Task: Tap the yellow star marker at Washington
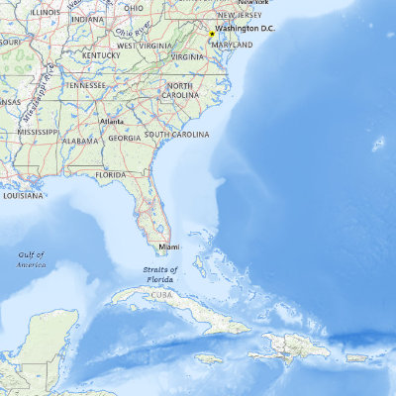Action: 212,34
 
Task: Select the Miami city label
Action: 169,246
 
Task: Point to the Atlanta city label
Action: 112,122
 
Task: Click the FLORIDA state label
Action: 111,174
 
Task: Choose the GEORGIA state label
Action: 124,139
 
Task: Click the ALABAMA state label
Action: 80,142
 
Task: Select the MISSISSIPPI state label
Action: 38,131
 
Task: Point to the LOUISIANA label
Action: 22,195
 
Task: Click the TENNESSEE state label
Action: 85,85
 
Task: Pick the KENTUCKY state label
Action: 101,55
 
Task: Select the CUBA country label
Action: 162,294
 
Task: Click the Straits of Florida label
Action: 159,274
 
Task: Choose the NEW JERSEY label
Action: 240,15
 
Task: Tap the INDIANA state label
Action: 87,18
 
